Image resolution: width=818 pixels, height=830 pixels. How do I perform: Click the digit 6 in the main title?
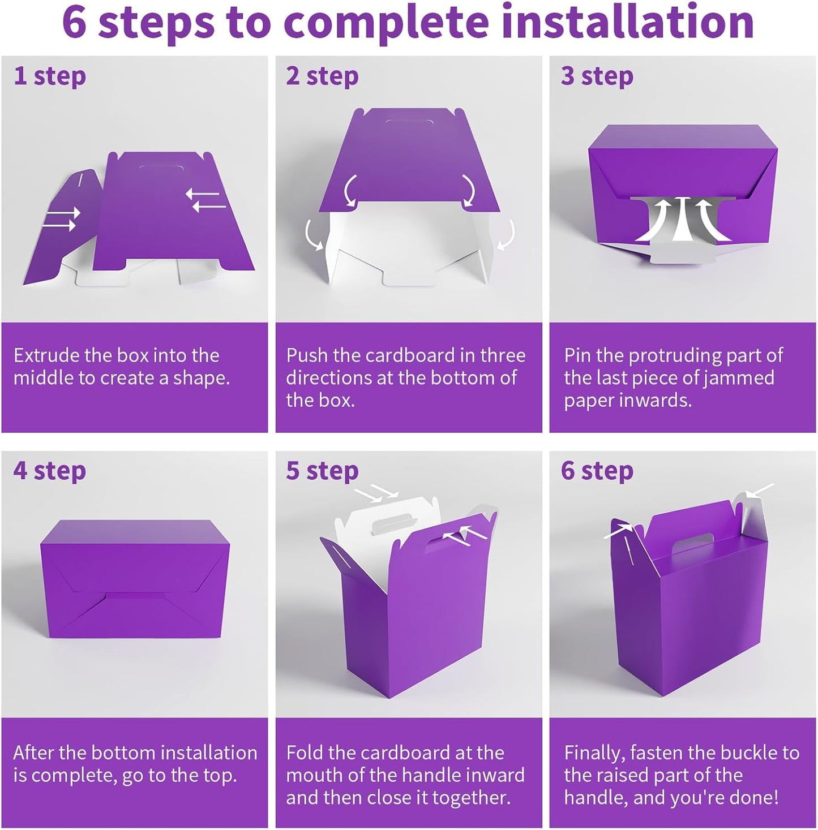(x=75, y=23)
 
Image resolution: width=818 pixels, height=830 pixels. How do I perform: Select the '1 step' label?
(x=50, y=76)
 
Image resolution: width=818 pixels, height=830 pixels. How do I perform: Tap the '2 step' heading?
(x=322, y=76)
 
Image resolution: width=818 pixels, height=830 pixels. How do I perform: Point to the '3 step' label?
(x=597, y=76)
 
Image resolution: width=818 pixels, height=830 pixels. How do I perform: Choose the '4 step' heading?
(x=50, y=471)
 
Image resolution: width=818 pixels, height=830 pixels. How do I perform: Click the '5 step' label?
(x=322, y=471)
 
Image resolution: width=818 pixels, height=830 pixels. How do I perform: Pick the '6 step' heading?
(x=597, y=471)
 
